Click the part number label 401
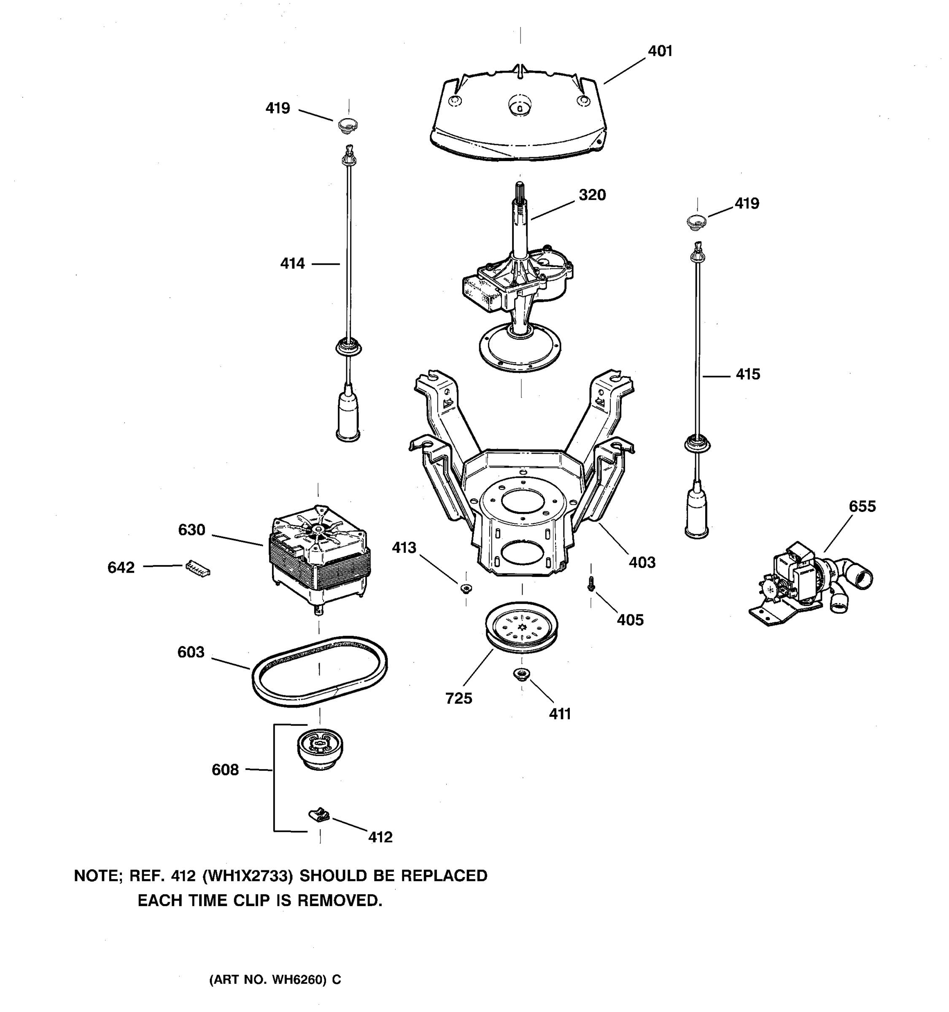click(660, 51)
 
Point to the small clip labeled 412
click(319, 816)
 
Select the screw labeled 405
click(590, 584)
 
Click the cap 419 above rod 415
click(696, 221)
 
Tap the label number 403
click(642, 563)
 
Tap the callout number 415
click(747, 375)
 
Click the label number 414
click(292, 264)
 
